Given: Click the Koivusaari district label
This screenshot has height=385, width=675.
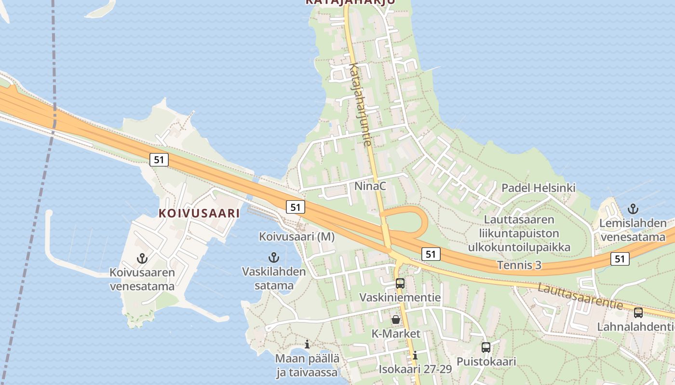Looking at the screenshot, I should [199, 213].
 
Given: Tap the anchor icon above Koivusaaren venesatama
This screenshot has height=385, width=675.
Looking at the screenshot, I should [142, 258].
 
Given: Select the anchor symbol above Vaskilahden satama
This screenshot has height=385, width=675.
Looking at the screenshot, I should [274, 257].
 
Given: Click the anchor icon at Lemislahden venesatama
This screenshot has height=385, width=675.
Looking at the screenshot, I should [633, 209].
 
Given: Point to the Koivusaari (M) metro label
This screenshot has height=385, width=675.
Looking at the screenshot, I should [297, 236].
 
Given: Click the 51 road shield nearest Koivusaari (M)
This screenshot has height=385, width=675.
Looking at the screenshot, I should [296, 207].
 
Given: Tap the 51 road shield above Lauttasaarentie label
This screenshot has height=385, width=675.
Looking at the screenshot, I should [620, 259].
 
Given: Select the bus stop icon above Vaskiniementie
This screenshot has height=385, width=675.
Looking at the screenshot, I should [400, 283].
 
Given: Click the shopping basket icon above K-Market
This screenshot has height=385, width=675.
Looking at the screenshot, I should [396, 319].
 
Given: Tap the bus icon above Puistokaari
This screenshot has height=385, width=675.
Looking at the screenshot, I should [486, 347].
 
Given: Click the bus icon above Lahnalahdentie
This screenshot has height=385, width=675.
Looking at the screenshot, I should [638, 312].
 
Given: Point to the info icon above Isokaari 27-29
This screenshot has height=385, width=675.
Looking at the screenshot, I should [415, 355].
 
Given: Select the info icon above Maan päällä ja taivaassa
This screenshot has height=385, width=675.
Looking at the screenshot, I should [307, 344].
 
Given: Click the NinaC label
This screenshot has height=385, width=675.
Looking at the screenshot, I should [370, 186].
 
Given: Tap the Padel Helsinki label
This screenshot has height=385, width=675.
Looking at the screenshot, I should [539, 188].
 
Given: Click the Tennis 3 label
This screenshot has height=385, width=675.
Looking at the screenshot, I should [519, 265].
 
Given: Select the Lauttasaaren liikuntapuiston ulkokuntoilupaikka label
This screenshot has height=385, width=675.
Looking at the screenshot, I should [519, 233].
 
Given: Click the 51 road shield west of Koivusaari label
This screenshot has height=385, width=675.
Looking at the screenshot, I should [159, 160].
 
